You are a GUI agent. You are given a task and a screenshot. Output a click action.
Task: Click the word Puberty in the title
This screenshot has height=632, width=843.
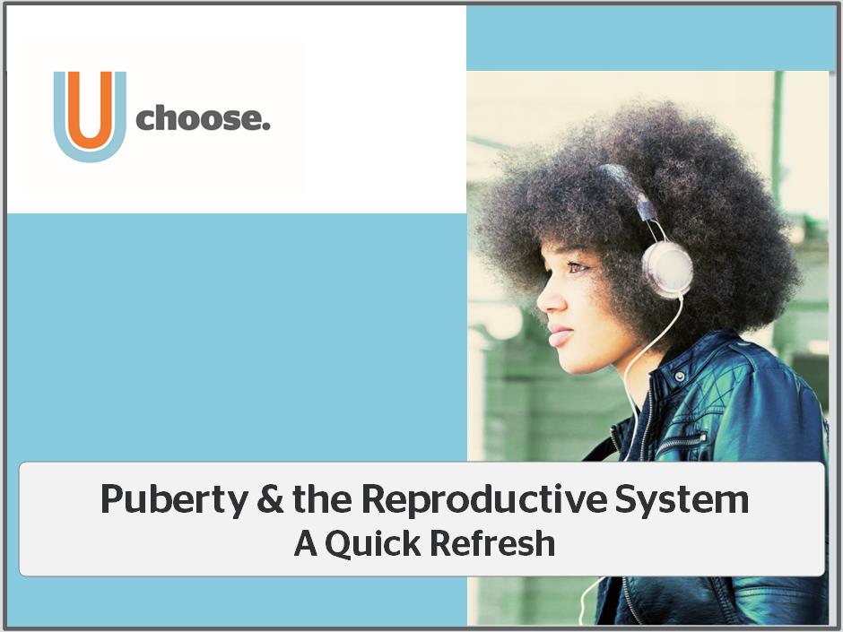click(174, 500)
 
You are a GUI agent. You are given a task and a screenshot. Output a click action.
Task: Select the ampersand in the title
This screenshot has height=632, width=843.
click(270, 498)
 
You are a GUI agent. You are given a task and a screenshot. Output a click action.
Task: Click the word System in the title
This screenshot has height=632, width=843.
click(682, 500)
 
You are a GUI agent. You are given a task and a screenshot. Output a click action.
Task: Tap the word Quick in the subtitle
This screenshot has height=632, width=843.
click(372, 544)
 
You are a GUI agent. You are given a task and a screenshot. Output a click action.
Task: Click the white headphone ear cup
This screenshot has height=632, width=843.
click(667, 269)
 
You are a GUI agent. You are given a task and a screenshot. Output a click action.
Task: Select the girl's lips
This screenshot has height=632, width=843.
click(559, 335)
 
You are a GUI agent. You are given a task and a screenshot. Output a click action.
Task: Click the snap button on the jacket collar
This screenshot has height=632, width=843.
click(680, 377)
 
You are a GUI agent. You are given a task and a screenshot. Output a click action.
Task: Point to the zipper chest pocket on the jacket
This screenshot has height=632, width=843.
click(680, 442)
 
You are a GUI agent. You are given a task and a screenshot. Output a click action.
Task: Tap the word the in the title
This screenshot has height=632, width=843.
click(322, 498)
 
